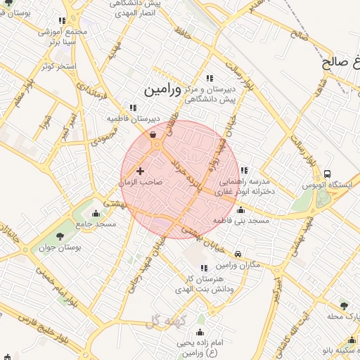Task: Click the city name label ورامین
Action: click(x=162, y=91)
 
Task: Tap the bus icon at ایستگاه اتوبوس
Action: click(x=327, y=174)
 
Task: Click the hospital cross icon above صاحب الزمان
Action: click(x=140, y=170)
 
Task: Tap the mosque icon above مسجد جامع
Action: click(x=96, y=213)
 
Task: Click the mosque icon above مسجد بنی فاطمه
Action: click(x=241, y=210)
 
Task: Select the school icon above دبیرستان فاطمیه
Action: click(x=132, y=108)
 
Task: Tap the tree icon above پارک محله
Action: click(x=343, y=305)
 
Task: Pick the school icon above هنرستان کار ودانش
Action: click(x=204, y=268)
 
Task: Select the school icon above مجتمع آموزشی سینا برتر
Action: click(x=63, y=21)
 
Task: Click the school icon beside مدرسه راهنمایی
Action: click(x=243, y=170)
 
